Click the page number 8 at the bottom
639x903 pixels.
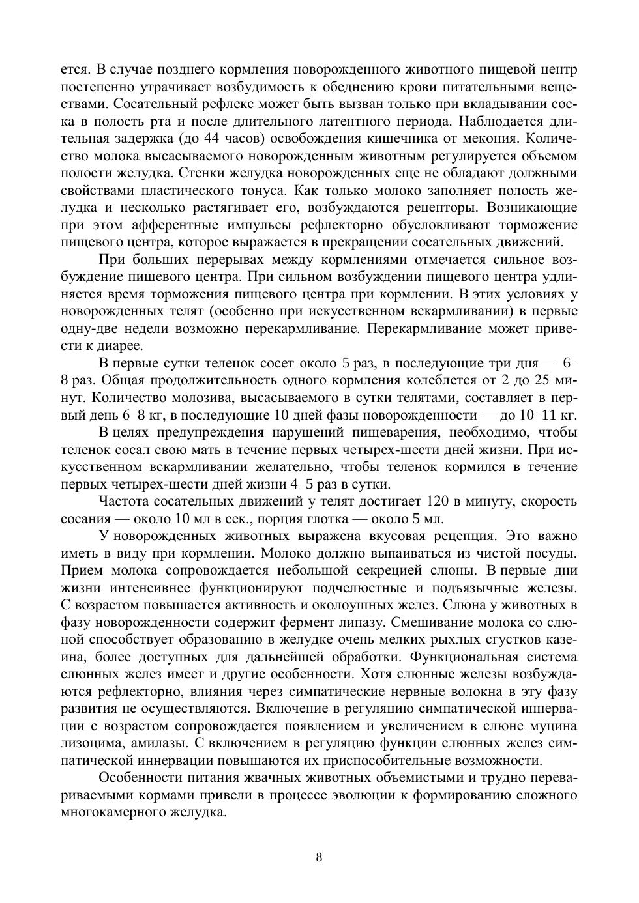point(319,857)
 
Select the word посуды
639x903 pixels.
point(552,553)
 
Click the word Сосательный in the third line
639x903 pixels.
point(154,104)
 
